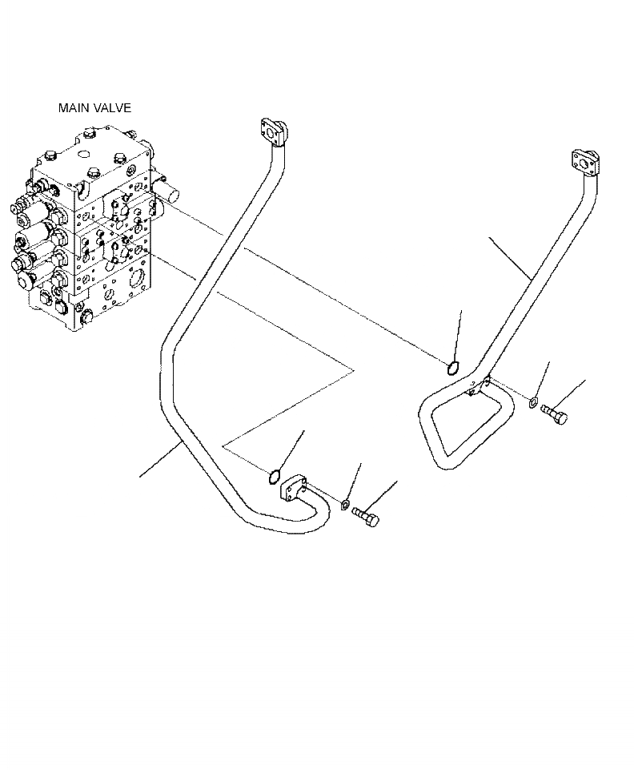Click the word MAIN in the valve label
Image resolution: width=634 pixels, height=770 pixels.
tap(72, 107)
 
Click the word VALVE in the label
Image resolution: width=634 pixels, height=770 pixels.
tap(112, 107)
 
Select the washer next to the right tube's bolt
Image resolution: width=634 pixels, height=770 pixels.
tap(533, 400)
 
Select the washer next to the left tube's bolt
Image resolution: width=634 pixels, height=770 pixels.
tap(345, 503)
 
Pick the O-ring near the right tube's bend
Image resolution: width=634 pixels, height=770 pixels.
tap(452, 368)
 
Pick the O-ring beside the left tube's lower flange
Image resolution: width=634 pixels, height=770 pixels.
tap(273, 478)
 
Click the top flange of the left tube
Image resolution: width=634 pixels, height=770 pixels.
tap(272, 131)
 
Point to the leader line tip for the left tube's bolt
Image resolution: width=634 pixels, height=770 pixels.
tap(397, 482)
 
